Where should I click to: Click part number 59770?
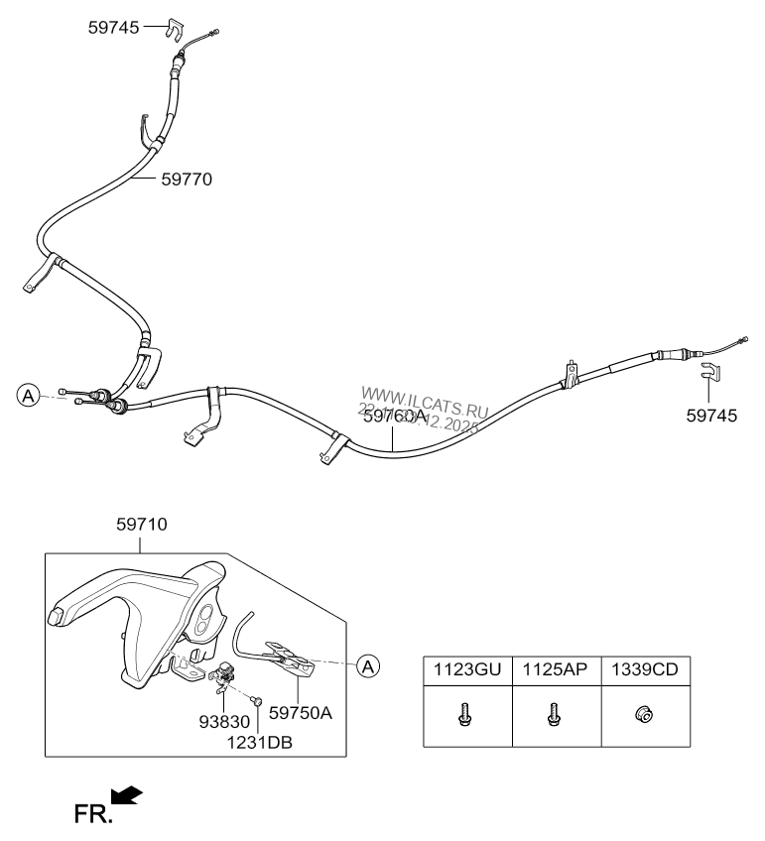[x=187, y=180]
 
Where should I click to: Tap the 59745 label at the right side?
[x=711, y=416]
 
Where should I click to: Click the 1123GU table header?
[x=466, y=670]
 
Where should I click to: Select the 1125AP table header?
[x=555, y=670]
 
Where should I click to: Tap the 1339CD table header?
[x=645, y=670]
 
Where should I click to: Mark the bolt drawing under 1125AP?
[x=554, y=714]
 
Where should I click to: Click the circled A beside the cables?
[x=28, y=396]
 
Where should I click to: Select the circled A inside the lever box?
[x=368, y=665]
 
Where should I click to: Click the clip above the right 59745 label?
[x=709, y=374]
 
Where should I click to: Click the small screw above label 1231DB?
[x=257, y=701]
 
